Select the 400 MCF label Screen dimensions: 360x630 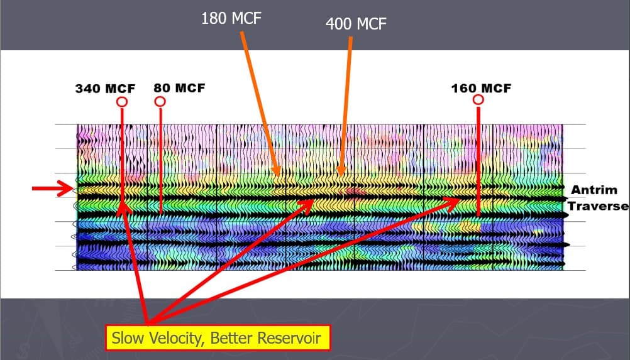pos(356,25)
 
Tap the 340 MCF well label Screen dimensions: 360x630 pos(101,88)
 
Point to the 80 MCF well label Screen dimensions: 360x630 pos(179,88)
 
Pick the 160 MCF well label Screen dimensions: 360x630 pos(481,88)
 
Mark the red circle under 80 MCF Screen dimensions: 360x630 pos(160,101)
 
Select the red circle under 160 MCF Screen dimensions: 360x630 pos(478,100)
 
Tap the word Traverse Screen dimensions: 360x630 pos(598,206)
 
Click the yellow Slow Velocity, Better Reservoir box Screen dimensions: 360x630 pos(217,339)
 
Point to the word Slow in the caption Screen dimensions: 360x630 pos(125,339)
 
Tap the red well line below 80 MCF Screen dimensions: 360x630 pos(161,157)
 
